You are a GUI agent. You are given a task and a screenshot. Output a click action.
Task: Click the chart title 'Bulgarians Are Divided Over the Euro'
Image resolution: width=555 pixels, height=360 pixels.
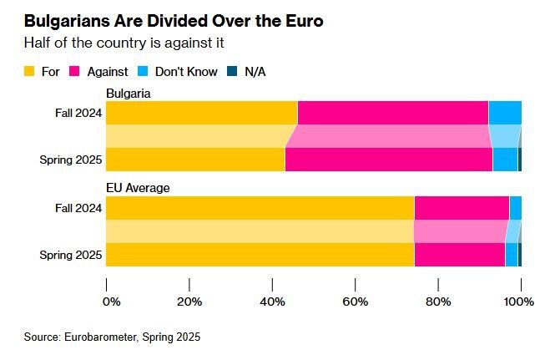pyautogui.click(x=173, y=21)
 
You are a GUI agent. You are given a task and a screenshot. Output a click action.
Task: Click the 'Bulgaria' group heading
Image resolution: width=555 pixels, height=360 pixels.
pyautogui.click(x=128, y=93)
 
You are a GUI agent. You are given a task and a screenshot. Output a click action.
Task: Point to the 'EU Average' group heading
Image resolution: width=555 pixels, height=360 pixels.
pyautogui.click(x=138, y=188)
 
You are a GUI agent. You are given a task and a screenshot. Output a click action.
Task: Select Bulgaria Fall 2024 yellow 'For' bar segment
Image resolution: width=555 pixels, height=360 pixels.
pyautogui.click(x=201, y=112)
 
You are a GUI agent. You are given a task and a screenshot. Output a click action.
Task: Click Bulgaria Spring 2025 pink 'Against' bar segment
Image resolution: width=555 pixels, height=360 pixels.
pyautogui.click(x=388, y=160)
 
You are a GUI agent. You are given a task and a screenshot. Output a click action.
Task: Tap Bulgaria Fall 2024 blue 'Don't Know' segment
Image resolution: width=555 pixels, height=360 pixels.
pyautogui.click(x=505, y=112)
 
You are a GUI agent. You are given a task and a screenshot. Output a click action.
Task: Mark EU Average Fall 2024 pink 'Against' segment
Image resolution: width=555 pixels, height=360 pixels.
pyautogui.click(x=462, y=207)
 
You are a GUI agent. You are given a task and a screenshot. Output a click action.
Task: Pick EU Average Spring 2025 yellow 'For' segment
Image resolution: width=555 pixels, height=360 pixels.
pyautogui.click(x=260, y=255)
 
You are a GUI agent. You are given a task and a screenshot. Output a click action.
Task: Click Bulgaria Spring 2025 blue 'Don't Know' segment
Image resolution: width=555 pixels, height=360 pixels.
pyautogui.click(x=505, y=160)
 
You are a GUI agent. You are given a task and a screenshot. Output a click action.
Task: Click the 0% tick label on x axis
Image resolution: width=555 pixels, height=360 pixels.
pyautogui.click(x=111, y=301)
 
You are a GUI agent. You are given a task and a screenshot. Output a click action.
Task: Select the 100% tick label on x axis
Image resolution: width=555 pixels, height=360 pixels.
pyautogui.click(x=519, y=301)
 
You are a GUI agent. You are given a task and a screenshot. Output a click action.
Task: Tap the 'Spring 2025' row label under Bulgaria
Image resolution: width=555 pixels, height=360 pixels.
pyautogui.click(x=71, y=160)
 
